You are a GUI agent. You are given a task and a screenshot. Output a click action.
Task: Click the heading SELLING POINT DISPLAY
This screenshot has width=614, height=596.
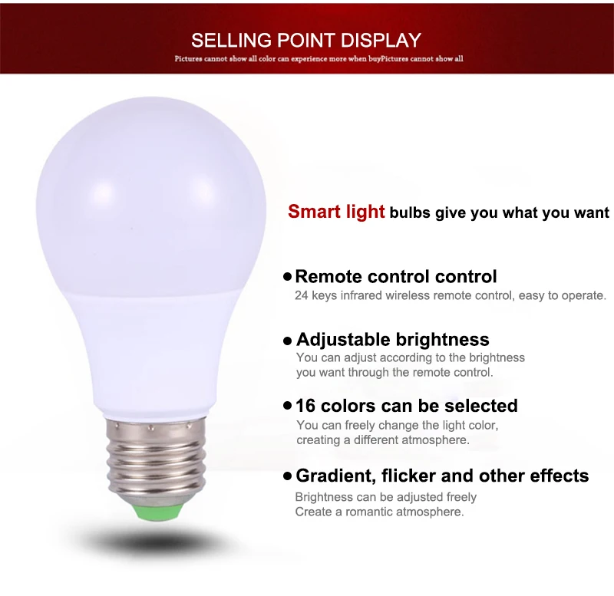point(306,40)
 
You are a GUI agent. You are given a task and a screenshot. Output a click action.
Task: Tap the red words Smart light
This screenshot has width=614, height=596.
point(336,212)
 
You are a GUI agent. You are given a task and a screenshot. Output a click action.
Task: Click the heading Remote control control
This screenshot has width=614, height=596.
point(396,276)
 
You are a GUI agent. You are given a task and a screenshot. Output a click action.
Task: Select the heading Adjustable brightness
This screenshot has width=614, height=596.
point(392,339)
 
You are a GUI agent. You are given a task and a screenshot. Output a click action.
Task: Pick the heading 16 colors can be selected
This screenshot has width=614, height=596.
point(407,405)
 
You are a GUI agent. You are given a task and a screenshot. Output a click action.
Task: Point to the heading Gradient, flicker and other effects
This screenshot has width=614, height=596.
point(442,476)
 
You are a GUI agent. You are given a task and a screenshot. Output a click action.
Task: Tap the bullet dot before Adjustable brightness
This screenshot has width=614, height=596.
point(288,340)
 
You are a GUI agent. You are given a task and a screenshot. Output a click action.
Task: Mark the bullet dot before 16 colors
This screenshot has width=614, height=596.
point(288,405)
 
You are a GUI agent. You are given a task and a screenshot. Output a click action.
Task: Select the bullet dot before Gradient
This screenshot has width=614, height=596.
point(288,476)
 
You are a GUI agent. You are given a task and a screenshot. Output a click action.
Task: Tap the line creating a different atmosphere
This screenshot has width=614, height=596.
point(382,440)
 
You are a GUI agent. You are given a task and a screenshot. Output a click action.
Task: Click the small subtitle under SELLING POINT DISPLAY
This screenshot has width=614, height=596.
point(319,58)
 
